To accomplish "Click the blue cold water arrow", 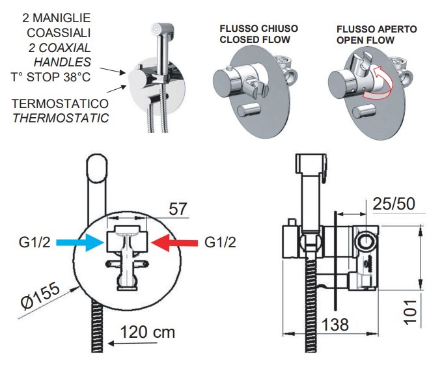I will (80, 242).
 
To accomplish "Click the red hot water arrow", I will (173, 242).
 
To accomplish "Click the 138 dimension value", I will (335, 324).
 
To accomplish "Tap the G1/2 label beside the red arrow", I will (221, 243).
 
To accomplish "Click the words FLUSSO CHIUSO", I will (259, 29).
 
